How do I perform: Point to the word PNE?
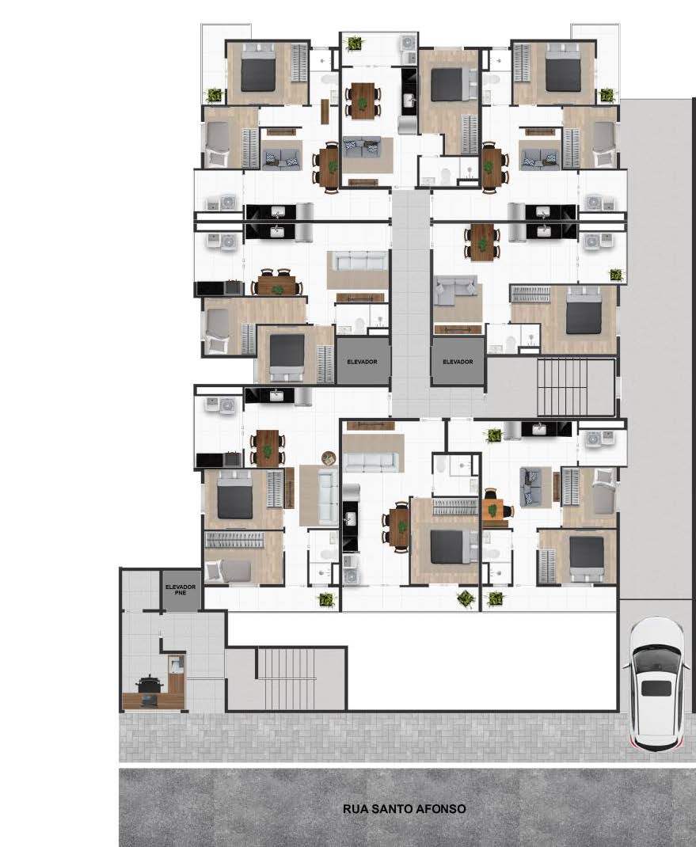tap(181, 593)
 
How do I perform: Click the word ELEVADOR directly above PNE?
tap(181, 587)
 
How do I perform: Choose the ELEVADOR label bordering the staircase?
tap(458, 362)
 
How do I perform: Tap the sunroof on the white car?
tap(656, 688)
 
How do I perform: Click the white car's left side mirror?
tap(626, 666)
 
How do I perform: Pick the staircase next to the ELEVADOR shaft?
tap(562, 386)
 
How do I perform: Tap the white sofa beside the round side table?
tap(328, 497)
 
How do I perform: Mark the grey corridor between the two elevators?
tap(411, 303)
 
